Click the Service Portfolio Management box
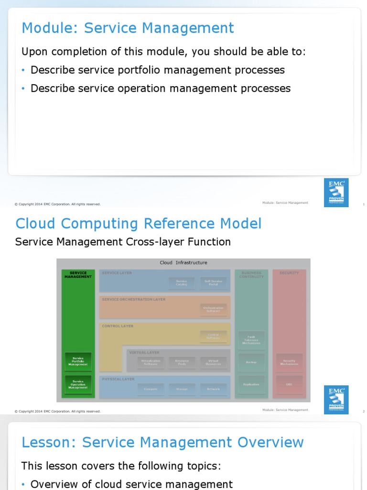point(78,361)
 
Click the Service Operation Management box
point(78,384)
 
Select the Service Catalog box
point(182,283)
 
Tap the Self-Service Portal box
point(213,283)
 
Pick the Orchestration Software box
point(213,309)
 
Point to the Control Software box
point(213,336)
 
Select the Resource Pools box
point(182,362)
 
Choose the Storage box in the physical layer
point(182,389)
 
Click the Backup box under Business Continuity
point(251,362)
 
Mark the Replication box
point(251,384)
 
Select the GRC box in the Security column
point(289,384)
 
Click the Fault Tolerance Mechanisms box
point(251,340)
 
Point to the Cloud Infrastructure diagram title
point(183,263)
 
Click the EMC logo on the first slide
point(336,192)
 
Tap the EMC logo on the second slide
point(336,400)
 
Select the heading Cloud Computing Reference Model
point(139,223)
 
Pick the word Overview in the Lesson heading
point(270,443)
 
